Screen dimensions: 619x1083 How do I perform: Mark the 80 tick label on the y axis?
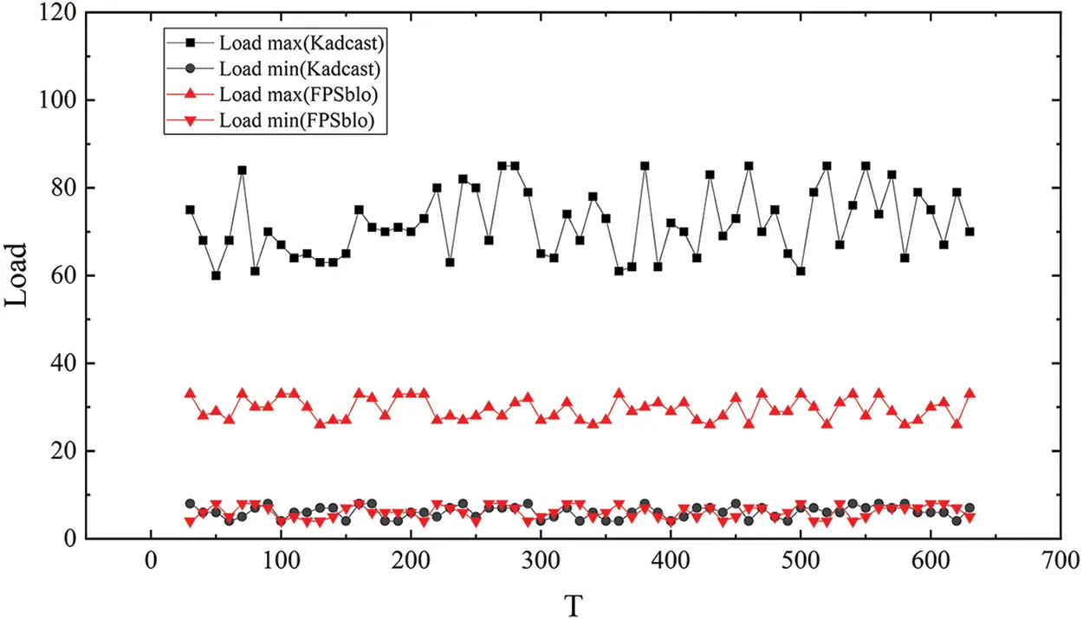point(62,188)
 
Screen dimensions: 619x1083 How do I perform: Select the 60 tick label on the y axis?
point(62,275)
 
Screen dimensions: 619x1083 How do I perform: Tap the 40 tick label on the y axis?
point(62,364)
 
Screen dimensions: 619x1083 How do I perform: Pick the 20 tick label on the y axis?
point(62,451)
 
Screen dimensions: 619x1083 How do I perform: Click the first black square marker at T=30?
point(190,210)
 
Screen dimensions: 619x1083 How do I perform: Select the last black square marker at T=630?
point(970,231)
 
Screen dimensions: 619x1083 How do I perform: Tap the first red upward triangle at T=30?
point(190,393)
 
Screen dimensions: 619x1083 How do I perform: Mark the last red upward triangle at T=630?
point(970,393)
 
